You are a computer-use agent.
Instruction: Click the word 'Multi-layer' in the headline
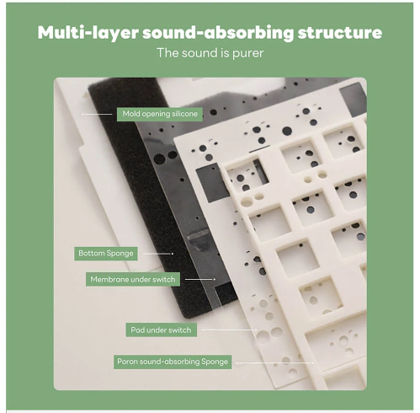pos(88,33)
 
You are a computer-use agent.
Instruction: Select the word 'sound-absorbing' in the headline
pos(218,33)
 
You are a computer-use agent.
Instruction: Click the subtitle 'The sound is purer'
pos(210,53)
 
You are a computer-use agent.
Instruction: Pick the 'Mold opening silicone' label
pos(160,114)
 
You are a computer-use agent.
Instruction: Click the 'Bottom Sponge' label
pos(106,254)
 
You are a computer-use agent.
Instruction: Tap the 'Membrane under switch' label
pos(133,280)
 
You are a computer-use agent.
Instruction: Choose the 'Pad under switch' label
pos(161,330)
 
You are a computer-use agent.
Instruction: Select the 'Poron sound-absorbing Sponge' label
pos(173,362)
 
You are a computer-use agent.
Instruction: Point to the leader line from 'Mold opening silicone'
pos(97,115)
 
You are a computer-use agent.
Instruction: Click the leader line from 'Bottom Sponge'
pos(158,254)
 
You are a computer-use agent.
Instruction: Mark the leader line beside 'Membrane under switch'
pos(200,279)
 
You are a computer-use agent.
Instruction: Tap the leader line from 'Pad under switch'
pos(229,330)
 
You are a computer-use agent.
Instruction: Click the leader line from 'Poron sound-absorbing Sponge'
pos(274,362)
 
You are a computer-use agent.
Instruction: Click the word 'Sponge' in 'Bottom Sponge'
pos(120,254)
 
